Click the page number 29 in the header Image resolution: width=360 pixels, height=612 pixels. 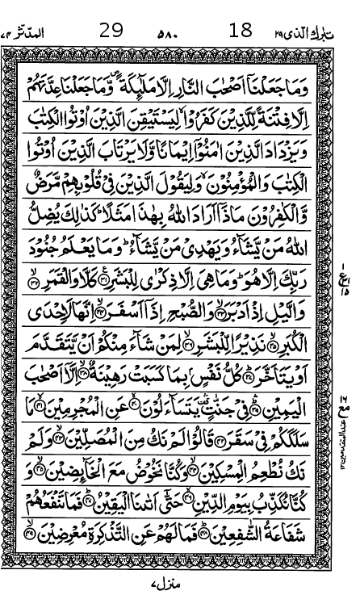click(x=111, y=31)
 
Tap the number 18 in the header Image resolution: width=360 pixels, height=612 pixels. click(x=241, y=31)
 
